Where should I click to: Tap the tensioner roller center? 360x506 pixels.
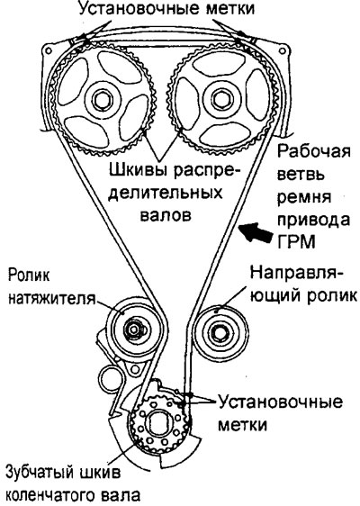click(133, 330)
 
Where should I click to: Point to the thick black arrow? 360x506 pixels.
click(257, 232)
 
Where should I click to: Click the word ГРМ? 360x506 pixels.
click(296, 243)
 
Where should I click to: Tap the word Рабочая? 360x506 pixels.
click(314, 152)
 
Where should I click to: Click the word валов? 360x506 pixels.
click(166, 215)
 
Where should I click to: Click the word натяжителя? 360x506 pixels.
click(52, 299)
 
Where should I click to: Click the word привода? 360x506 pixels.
click(314, 221)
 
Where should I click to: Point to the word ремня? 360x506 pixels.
click(304, 197)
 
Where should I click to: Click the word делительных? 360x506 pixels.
click(166, 193)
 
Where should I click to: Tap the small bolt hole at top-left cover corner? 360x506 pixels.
click(48, 51)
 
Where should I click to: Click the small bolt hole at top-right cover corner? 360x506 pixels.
click(283, 51)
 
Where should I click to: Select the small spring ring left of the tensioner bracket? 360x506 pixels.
click(111, 378)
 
